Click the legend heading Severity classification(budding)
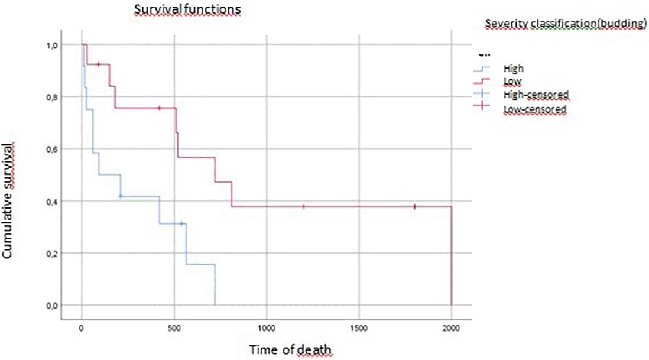(564, 24)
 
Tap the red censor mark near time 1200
(304, 206)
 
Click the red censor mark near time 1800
(414, 206)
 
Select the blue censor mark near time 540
(181, 223)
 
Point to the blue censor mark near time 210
(121, 196)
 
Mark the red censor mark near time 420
(159, 108)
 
